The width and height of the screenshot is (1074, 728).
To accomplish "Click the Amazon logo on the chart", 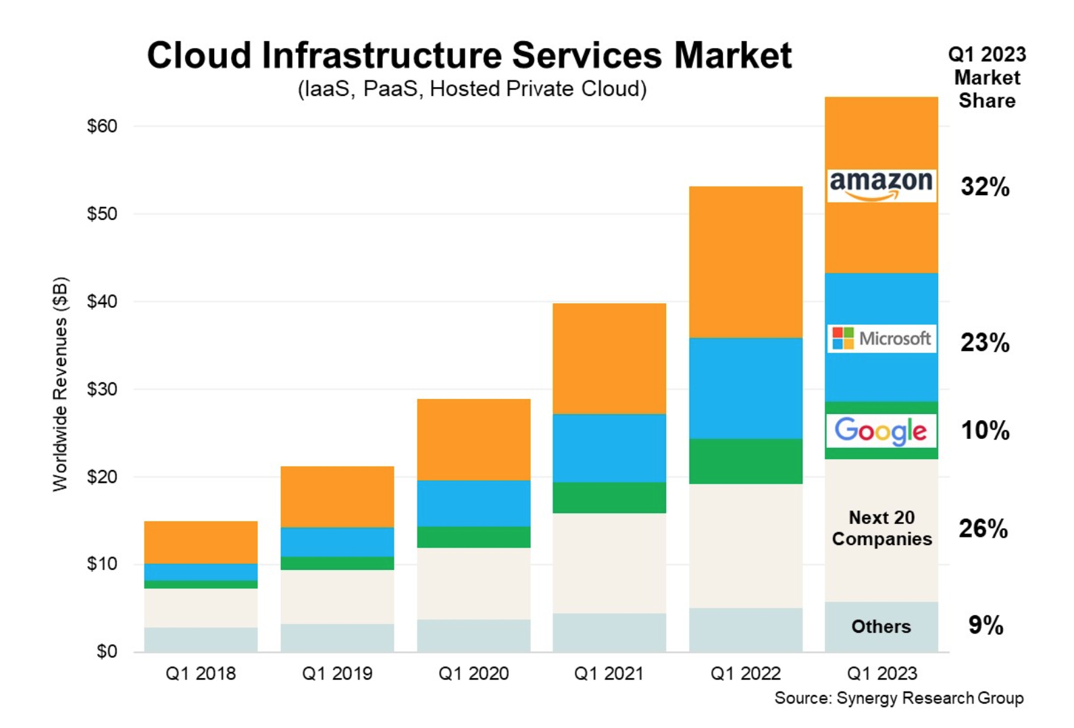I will pyautogui.click(x=881, y=185).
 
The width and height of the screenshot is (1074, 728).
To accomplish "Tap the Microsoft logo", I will pyautogui.click(x=881, y=338).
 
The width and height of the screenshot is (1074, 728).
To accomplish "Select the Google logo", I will pyautogui.click(x=881, y=431).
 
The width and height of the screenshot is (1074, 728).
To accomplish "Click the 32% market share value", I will pyautogui.click(x=985, y=186).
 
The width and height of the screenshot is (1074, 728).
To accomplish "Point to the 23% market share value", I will pyautogui.click(x=985, y=343).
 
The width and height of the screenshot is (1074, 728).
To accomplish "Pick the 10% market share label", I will pyautogui.click(x=985, y=430).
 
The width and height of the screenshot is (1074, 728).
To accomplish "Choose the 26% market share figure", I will pyautogui.click(x=983, y=529).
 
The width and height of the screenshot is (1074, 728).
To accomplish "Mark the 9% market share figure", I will pyautogui.click(x=986, y=625).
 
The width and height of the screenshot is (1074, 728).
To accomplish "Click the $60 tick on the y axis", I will pyautogui.click(x=102, y=126).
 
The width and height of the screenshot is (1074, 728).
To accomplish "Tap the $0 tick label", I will pyautogui.click(x=107, y=652).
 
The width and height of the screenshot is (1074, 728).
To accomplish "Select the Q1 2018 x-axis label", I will pyautogui.click(x=201, y=673).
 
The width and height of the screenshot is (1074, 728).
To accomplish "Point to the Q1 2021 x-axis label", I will pyautogui.click(x=609, y=673).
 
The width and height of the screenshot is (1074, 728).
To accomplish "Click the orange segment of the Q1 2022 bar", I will pyautogui.click(x=746, y=262).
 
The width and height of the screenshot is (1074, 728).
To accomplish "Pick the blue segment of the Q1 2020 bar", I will pyautogui.click(x=474, y=503).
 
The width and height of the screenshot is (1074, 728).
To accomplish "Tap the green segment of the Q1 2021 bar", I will pyautogui.click(x=609, y=498).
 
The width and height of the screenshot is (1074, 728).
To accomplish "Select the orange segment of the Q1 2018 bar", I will pyautogui.click(x=201, y=542).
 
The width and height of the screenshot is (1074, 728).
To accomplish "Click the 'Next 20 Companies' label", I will pyautogui.click(x=881, y=528).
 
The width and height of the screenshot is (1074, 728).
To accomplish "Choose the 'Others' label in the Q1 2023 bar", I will pyautogui.click(x=881, y=627).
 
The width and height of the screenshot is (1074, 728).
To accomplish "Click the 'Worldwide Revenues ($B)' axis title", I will pyautogui.click(x=61, y=384).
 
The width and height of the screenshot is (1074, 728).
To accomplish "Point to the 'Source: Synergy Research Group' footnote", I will pyautogui.click(x=898, y=698).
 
